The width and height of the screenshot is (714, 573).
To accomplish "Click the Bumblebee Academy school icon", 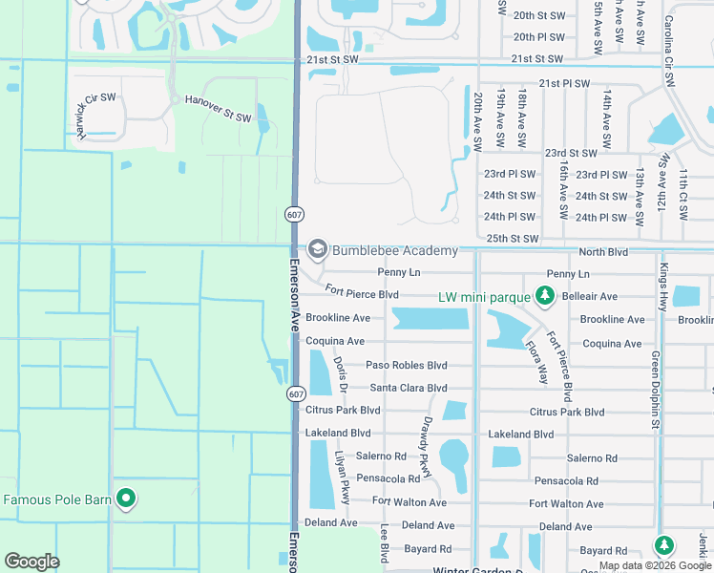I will pos(317,250).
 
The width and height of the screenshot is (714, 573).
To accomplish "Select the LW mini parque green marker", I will pos(545,296).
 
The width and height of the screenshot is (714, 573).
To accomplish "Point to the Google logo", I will pos(32,562).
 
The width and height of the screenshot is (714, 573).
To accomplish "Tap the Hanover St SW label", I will pos(218,108).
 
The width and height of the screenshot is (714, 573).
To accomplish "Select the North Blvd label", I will pos(603,251).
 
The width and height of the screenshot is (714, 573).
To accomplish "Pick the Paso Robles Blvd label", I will pos(407,366).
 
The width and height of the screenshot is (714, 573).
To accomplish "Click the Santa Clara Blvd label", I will pos(409,388).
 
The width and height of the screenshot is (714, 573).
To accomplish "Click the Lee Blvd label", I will pos(385,541).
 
